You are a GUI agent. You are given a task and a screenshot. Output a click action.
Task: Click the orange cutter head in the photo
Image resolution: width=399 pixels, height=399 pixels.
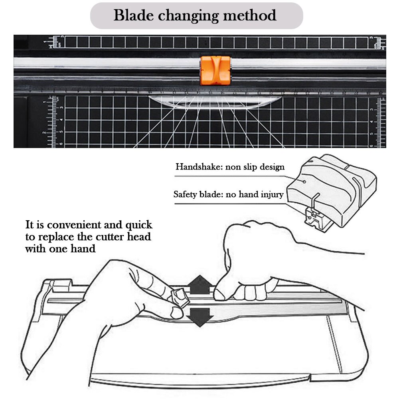215,70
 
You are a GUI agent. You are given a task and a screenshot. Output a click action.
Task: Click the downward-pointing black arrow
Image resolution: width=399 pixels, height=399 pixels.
199,316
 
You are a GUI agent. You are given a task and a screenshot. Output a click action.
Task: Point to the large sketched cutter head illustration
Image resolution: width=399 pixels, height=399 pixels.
335,188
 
